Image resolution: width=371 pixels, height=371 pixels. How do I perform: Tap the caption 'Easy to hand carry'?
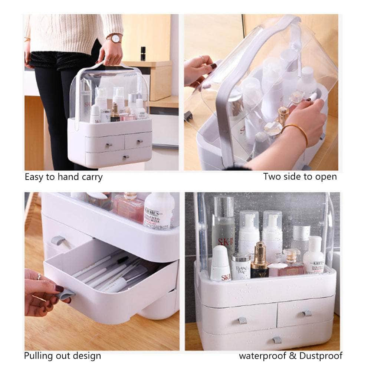pos(63,177)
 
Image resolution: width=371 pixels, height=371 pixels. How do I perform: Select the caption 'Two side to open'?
pos(300,177)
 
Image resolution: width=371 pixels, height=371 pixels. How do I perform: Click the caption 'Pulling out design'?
pos(62,356)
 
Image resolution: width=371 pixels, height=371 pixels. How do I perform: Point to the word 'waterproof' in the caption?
pos(262,356)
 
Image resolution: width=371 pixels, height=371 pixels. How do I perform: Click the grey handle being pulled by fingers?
pos(65,295)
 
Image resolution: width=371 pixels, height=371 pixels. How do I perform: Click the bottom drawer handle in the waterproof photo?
pos(277,340)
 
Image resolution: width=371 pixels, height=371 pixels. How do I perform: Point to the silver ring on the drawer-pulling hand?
pos(39,276)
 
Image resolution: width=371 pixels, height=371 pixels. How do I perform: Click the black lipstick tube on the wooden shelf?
pos(143,53)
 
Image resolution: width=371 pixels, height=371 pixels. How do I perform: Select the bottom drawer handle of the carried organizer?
pos(126,157)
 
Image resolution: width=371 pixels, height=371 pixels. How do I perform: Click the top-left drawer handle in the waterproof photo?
pos(242,320)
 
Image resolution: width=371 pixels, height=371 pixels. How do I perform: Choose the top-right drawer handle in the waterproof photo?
pos(306,313)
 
